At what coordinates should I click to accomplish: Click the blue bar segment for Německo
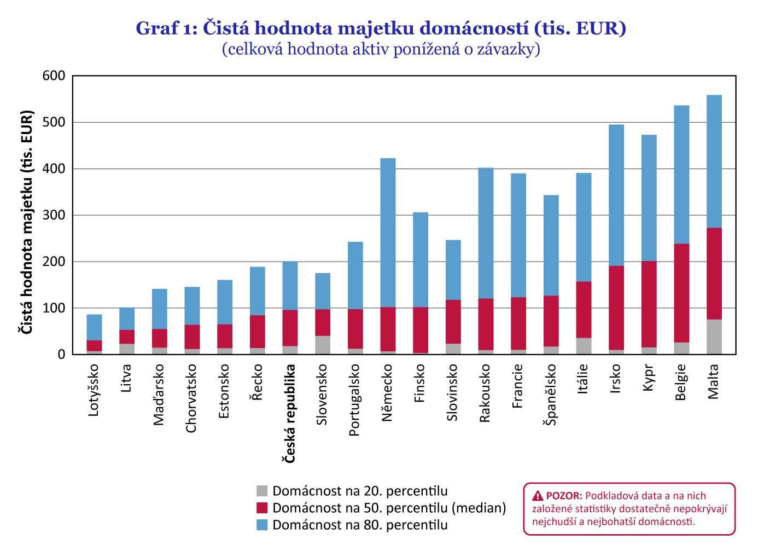point(388,233)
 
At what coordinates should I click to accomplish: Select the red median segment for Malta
point(714,274)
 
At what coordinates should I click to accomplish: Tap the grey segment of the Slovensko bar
point(323,345)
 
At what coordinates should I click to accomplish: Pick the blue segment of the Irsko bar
point(616,195)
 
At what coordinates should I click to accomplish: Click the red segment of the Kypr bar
point(649,304)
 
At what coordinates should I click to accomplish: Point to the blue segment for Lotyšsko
point(94,327)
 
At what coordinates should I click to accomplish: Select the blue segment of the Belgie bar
point(681,175)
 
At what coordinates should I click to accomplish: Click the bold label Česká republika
point(289,414)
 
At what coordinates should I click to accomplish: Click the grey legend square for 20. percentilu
point(262,491)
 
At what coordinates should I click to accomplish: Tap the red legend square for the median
point(262,508)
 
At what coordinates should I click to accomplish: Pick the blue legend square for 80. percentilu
point(262,525)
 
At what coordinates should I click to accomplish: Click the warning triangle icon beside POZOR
point(538,496)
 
